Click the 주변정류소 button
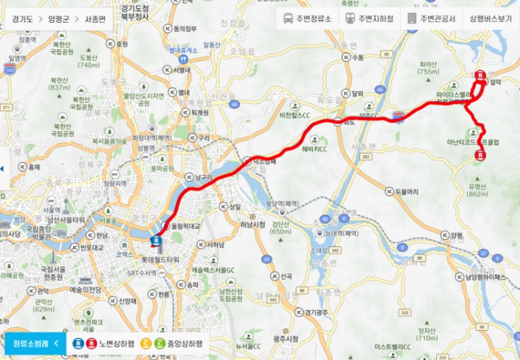(308, 19)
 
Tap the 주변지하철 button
(370, 19)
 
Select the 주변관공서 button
(431, 19)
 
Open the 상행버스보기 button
(491, 19)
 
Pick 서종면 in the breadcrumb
(95, 19)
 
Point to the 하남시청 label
(253, 225)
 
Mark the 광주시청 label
(286, 338)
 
